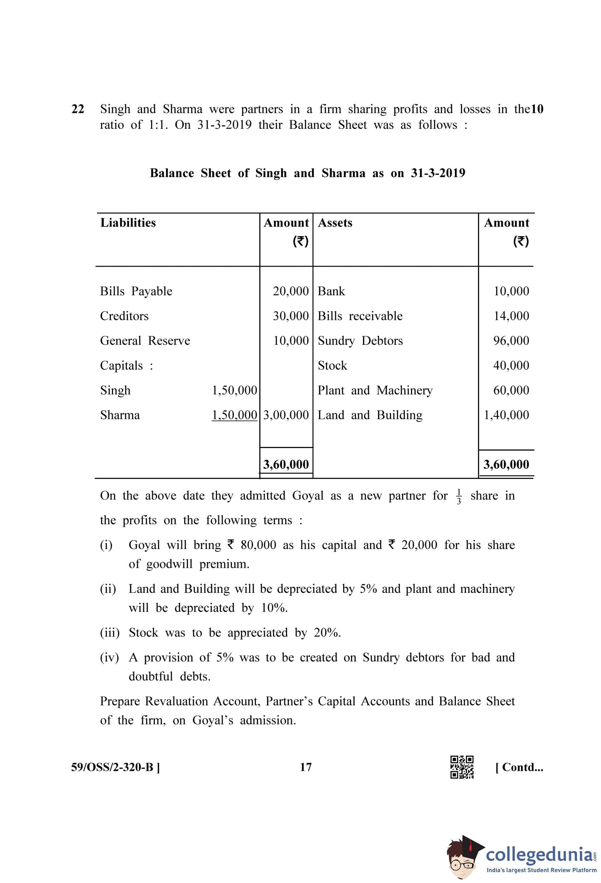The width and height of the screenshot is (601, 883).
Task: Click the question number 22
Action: [77, 109]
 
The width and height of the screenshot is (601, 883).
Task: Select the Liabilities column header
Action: [128, 223]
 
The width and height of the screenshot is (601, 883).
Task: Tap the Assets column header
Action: [335, 223]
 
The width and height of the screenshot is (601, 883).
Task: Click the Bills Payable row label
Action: [136, 291]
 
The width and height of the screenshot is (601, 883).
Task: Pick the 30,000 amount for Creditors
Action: [291, 316]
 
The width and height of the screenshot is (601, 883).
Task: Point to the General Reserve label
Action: [145, 340]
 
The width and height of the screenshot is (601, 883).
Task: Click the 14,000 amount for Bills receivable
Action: [511, 316]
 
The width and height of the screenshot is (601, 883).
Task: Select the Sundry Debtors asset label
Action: [360, 340]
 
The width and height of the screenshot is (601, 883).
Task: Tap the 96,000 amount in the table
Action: [511, 340]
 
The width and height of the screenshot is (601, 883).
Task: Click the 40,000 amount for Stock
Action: [511, 365]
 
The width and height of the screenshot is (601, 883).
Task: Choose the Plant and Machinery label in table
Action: [375, 390]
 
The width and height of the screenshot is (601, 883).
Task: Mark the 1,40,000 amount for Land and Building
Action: [506, 415]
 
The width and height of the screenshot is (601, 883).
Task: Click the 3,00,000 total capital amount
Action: [286, 415]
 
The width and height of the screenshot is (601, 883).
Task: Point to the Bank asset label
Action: [331, 291]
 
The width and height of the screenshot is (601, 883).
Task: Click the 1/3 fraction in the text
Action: [459, 496]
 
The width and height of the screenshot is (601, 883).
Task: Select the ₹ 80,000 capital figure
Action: [252, 545]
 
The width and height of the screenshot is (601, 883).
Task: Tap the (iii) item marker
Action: [109, 632]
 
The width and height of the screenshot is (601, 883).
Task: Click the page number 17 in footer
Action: [305, 767]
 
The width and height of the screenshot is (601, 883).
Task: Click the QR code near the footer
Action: [462, 767]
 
